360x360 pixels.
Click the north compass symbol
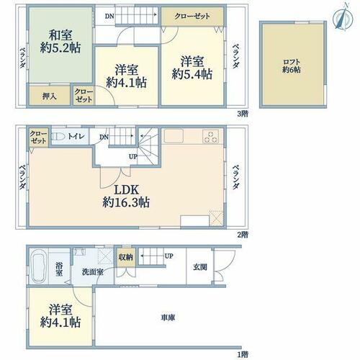pyautogui.click(x=343, y=17)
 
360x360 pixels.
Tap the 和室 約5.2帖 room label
pyautogui.click(x=60, y=42)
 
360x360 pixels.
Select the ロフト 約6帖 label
pyautogui.click(x=292, y=66)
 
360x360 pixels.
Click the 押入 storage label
pyautogui.click(x=50, y=96)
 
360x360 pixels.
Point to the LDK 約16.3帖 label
pyautogui.click(x=126, y=196)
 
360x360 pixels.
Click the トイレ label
pyautogui.click(x=76, y=137)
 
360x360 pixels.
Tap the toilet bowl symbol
pyautogui.click(x=58, y=137)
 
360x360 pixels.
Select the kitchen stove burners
pyautogui.click(x=210, y=136)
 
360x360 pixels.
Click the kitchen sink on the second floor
pyautogui.click(x=174, y=136)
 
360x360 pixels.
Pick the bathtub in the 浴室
pyautogui.click(x=39, y=266)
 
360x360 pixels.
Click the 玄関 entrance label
pyautogui.click(x=200, y=267)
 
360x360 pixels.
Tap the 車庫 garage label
pyautogui.click(x=168, y=318)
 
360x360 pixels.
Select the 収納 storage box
pyautogui.click(x=126, y=258)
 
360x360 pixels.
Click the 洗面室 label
pyautogui.click(x=93, y=272)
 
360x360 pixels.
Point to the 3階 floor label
pyautogui.click(x=243, y=114)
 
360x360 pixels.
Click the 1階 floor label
pyautogui.click(x=243, y=354)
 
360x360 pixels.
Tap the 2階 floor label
pyautogui.click(x=243, y=235)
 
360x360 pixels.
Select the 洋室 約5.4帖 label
pyautogui.click(x=192, y=68)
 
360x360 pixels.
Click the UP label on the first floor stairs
pyautogui.click(x=169, y=256)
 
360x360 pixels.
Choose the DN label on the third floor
pyautogui.click(x=109, y=17)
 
